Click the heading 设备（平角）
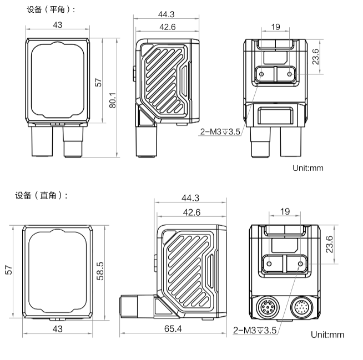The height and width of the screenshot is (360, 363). [x=51, y=9]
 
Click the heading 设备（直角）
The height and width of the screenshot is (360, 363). [x=42, y=195]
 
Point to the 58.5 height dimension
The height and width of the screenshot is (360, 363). [x=100, y=271]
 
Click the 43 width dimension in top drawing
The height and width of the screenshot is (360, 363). [x=57, y=24]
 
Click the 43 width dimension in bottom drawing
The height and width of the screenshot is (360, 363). [x=57, y=329]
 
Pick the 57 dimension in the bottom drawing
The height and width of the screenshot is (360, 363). [x=9, y=271]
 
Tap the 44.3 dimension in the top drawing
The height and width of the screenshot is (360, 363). [x=166, y=14]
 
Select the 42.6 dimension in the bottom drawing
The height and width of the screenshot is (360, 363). [x=191, y=212]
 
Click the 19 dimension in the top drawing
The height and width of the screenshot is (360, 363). [x=276, y=26]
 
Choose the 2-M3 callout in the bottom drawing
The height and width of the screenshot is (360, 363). [x=255, y=331]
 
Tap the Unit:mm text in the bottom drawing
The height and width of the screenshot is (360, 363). [x=327, y=334]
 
